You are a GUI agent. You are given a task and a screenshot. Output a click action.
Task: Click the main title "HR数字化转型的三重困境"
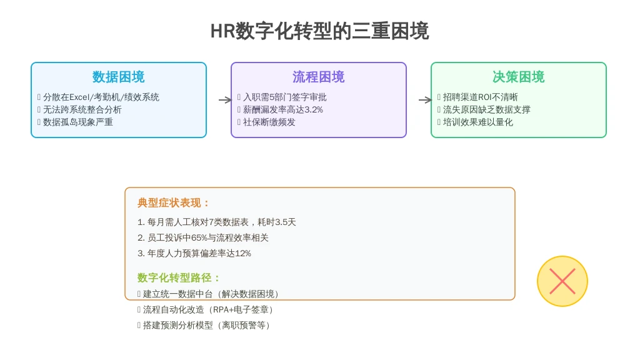pyautogui.click(x=319, y=31)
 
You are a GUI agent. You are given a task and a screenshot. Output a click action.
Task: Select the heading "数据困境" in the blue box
pyautogui.click(x=118, y=77)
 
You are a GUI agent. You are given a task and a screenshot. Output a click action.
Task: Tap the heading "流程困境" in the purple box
pyautogui.click(x=318, y=77)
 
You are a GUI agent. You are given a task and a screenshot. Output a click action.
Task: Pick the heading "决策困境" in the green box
pyautogui.click(x=518, y=77)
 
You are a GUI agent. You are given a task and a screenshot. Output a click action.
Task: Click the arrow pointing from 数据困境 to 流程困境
pyautogui.click(x=225, y=100)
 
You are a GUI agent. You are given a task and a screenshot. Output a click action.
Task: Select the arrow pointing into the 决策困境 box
pyautogui.click(x=425, y=100)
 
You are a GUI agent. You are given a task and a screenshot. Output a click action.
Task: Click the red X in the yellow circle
pyautogui.click(x=562, y=281)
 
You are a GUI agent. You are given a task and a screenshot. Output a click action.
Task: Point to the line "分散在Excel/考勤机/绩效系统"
pyautogui.click(x=101, y=97)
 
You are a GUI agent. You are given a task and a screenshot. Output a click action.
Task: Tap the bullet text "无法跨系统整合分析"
pyautogui.click(x=82, y=110)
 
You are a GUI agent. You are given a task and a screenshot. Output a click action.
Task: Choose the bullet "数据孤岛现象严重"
pyautogui.click(x=78, y=122)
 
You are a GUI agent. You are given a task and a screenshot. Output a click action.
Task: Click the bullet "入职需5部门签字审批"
pyautogui.click(x=285, y=97)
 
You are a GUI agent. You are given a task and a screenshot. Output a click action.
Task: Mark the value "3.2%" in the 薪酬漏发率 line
pyautogui.click(x=314, y=110)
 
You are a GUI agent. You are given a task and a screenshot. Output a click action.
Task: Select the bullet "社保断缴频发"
pyautogui.click(x=269, y=122)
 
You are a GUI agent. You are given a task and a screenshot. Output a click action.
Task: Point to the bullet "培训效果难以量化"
pyautogui.click(x=478, y=122)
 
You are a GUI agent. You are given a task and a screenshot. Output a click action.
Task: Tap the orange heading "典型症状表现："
pyautogui.click(x=174, y=203)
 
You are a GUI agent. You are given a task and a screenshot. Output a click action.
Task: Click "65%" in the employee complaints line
pyautogui.click(x=199, y=238)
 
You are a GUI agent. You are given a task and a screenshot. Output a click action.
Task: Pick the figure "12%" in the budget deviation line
pyautogui.click(x=243, y=254)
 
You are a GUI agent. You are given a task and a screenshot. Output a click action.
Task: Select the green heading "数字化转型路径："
pyautogui.click(x=179, y=278)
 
